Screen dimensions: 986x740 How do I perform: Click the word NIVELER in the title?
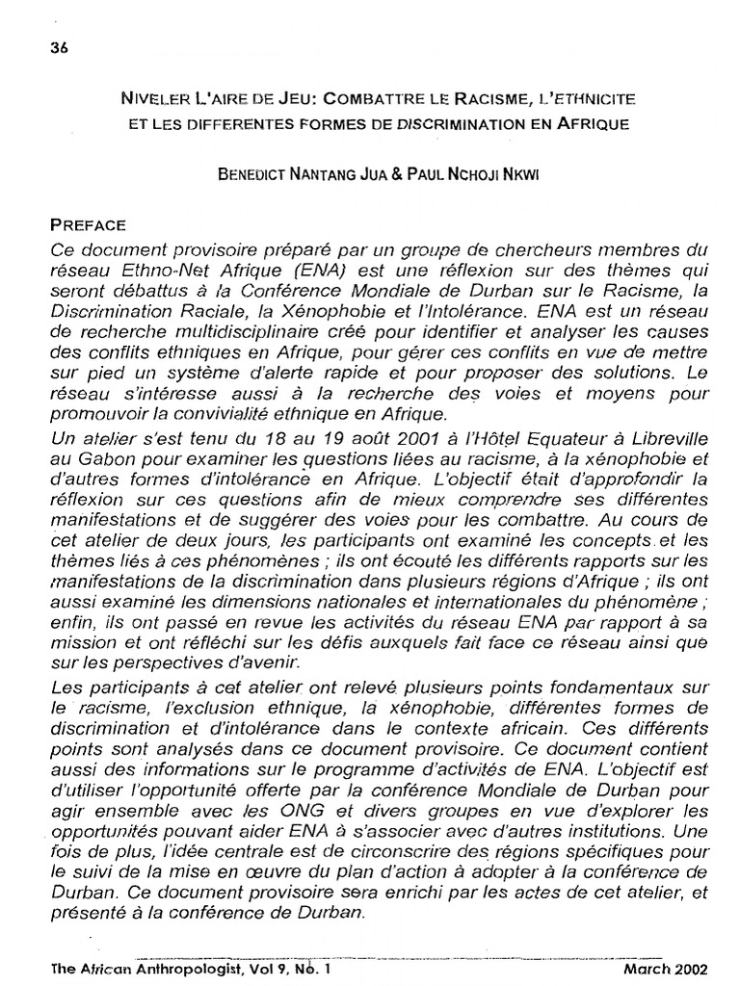(x=158, y=98)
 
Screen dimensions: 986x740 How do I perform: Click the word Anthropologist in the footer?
(x=166, y=971)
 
